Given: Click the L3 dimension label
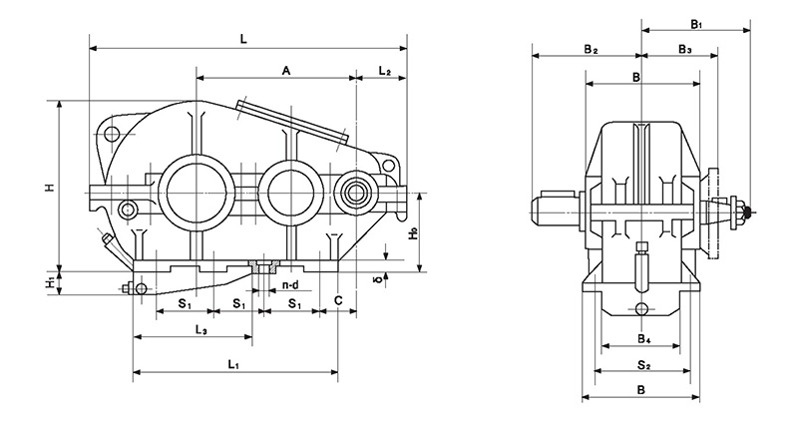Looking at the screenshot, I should (x=200, y=329).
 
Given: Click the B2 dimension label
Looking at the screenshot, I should (x=591, y=49).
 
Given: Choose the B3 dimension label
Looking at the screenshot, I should (x=685, y=49).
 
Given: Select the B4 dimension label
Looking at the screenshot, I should (x=644, y=338).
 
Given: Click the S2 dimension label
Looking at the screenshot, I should (x=644, y=364).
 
